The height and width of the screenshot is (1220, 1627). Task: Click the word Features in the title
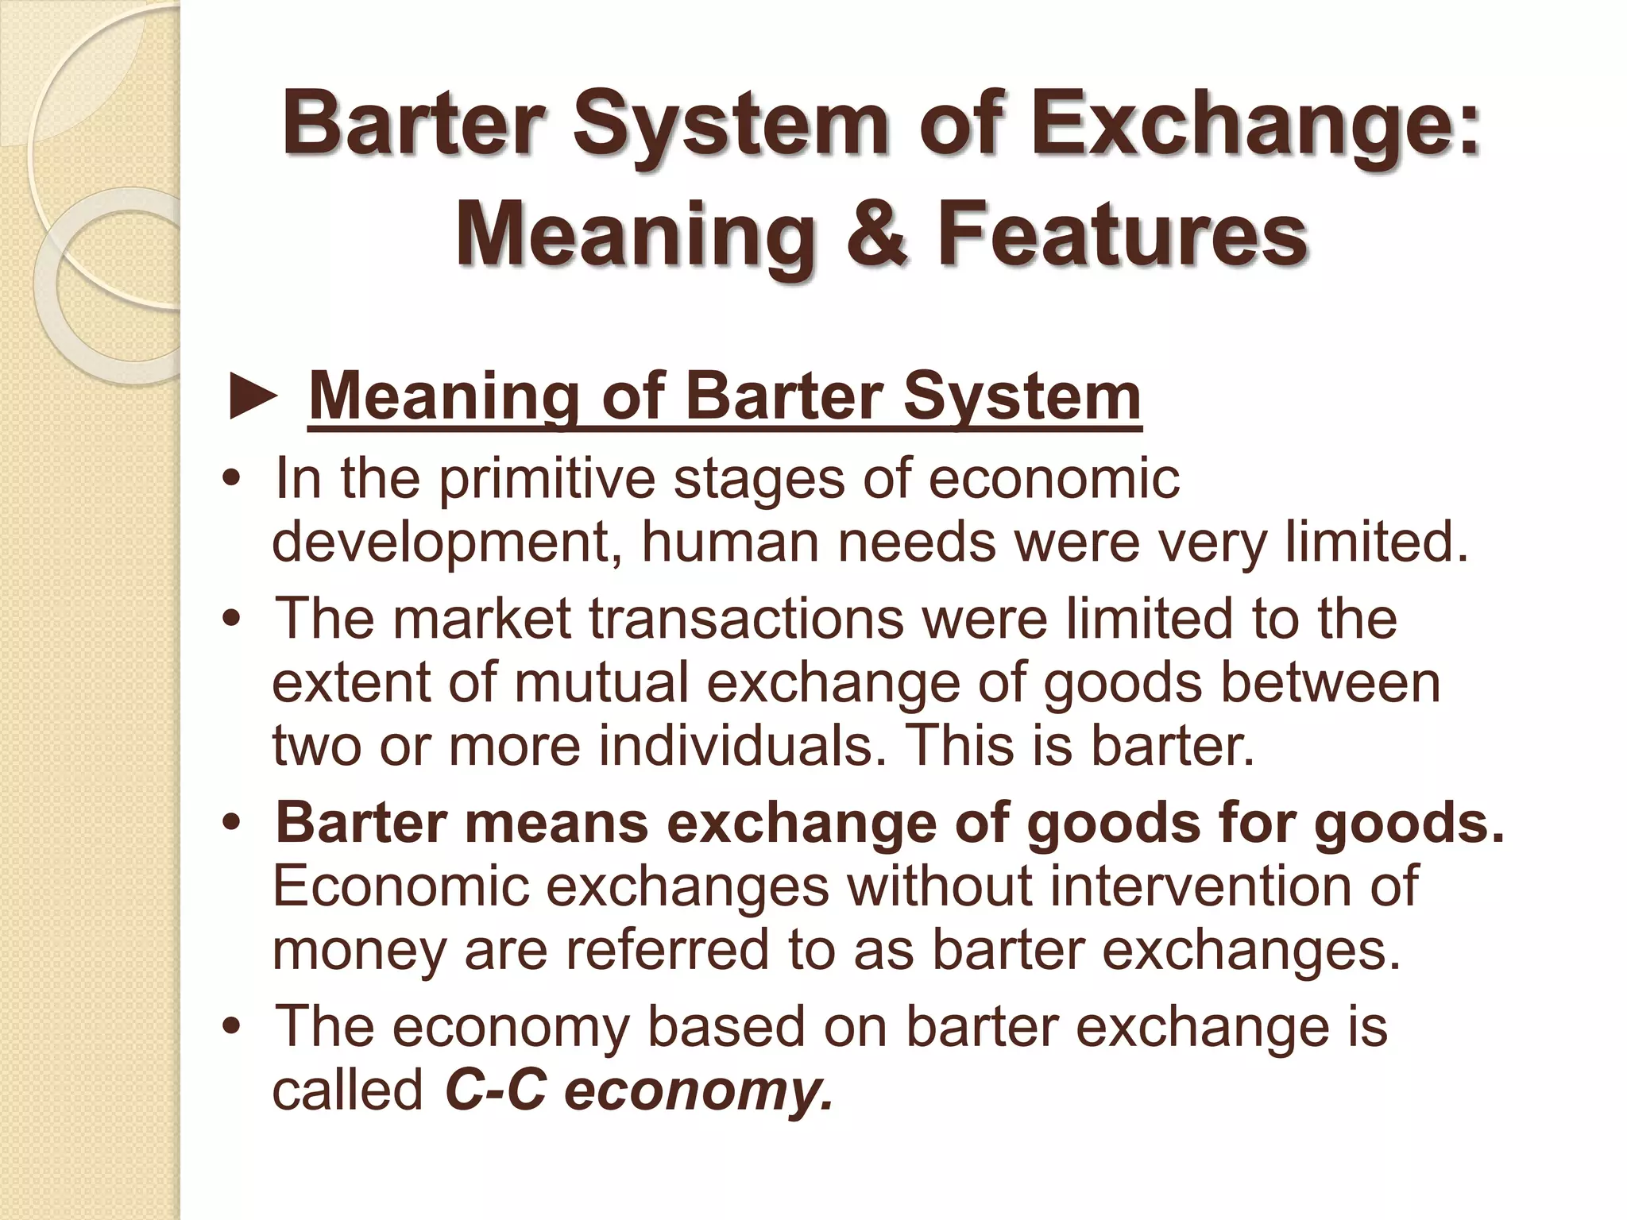pos(1122,236)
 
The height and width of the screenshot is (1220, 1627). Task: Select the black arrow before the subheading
pos(253,398)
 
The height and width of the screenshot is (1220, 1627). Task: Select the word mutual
pos(601,682)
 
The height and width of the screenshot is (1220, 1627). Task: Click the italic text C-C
pos(496,1091)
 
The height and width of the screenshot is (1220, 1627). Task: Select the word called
pos(347,1091)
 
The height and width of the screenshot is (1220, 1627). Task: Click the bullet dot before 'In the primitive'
pos(232,481)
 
